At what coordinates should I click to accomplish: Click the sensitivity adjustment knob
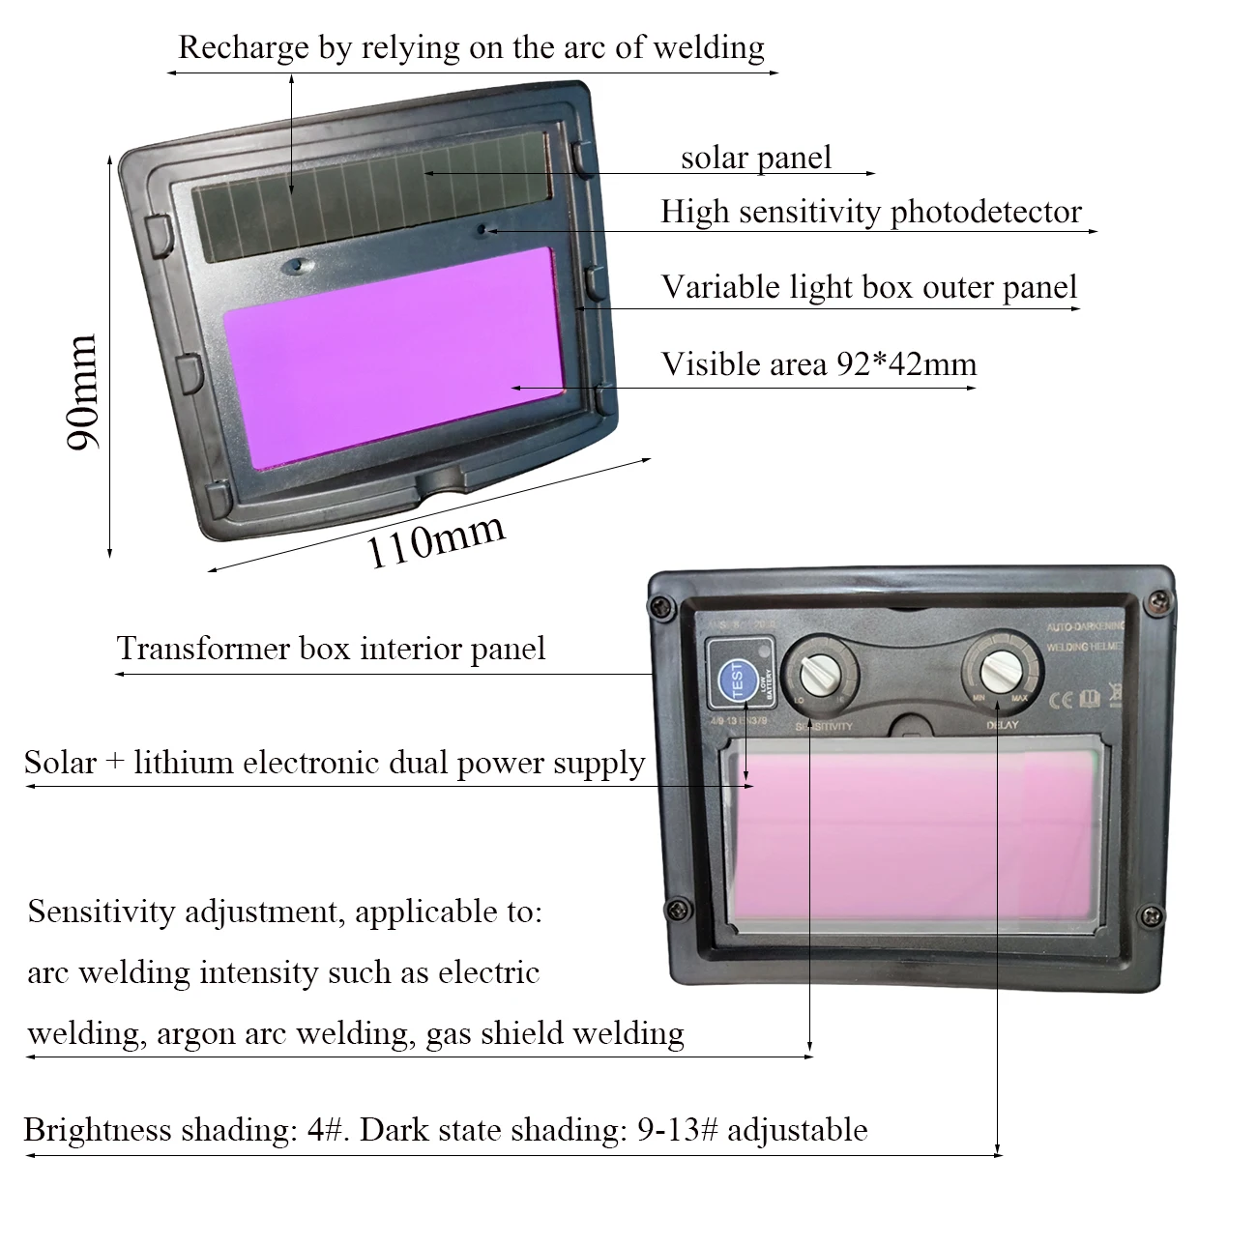point(819,671)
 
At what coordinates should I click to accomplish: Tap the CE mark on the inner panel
point(1061,698)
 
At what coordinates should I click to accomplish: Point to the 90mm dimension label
point(82,391)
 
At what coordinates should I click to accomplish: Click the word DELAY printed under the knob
point(1002,725)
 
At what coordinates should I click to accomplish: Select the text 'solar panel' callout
point(755,158)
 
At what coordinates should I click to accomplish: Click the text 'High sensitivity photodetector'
point(870,212)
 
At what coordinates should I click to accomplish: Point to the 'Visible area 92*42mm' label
point(818,364)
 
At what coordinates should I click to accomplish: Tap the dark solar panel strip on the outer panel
point(372,193)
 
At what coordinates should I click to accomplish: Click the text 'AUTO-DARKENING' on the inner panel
point(1085,627)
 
